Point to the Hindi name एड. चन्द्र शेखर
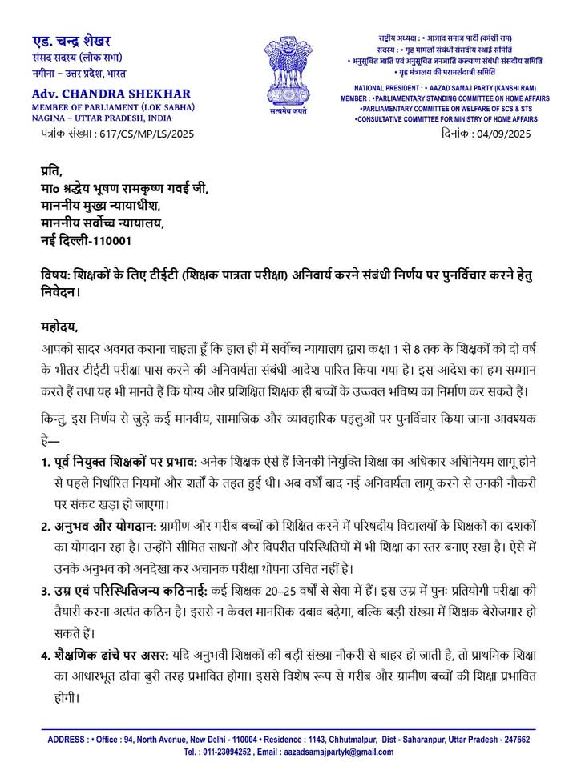coord(72,41)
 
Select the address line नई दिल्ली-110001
coord(87,239)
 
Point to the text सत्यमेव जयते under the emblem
coord(288,113)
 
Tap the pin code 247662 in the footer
coord(514,740)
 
